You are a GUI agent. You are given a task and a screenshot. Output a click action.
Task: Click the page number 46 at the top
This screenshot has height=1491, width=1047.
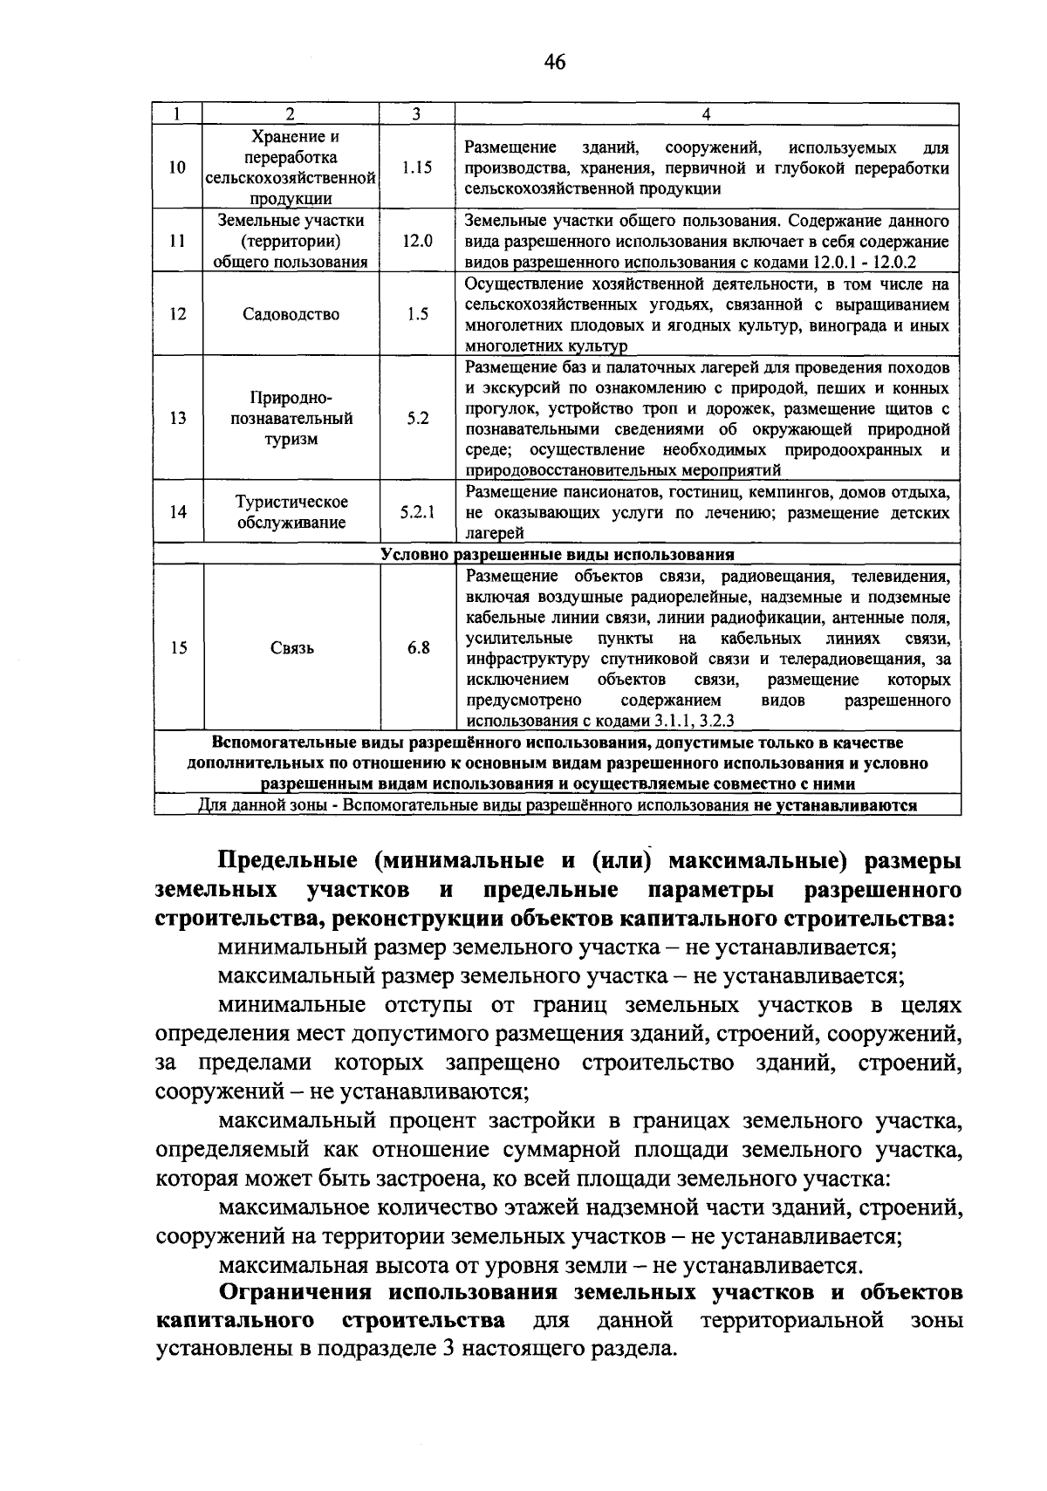(554, 61)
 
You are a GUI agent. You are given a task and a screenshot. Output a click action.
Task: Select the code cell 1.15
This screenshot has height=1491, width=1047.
(417, 168)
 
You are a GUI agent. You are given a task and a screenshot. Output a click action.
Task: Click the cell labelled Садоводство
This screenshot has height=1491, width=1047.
(291, 314)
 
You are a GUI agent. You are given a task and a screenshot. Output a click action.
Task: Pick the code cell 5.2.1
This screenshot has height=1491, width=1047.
(417, 512)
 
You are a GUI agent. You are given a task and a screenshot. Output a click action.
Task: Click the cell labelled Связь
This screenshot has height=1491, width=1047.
(291, 648)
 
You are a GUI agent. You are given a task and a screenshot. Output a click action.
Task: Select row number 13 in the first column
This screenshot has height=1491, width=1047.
(178, 418)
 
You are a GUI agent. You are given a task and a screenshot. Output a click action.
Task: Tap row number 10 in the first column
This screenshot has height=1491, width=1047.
(177, 168)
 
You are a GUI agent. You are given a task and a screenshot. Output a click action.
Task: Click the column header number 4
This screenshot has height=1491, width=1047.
(706, 114)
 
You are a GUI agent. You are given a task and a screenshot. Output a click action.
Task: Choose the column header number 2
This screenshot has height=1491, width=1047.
(291, 114)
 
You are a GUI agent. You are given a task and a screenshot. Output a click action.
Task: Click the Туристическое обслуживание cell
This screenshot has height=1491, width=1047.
(291, 512)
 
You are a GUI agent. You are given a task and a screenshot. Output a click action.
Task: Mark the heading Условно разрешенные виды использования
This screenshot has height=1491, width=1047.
(557, 555)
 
